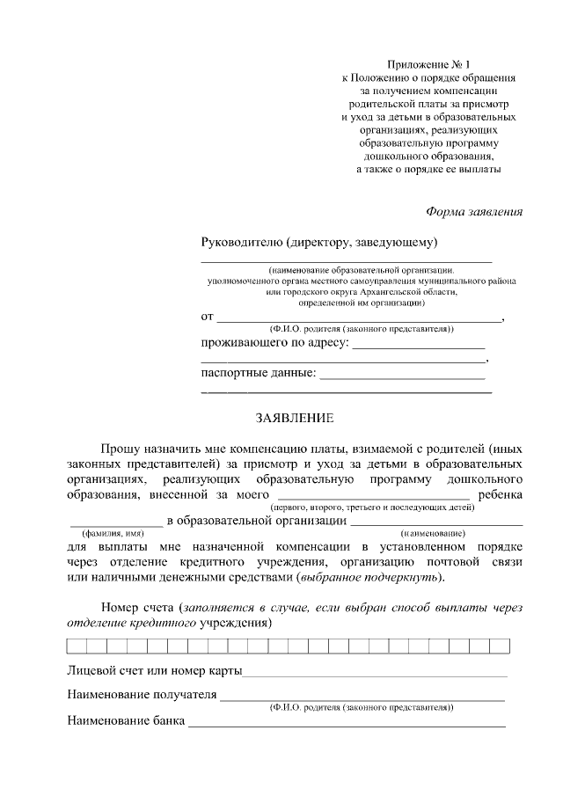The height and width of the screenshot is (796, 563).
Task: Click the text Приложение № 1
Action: coord(429,64)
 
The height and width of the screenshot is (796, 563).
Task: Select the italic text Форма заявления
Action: coord(474,211)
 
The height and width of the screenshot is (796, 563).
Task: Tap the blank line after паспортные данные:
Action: coord(402,376)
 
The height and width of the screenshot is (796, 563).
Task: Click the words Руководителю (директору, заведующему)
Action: coord(319,242)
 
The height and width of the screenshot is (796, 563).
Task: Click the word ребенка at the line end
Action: coord(500,495)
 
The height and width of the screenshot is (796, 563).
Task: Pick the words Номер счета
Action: coord(137,608)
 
